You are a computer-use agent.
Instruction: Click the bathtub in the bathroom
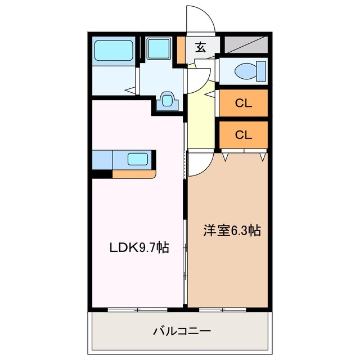114,51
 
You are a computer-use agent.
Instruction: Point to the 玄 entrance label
200,47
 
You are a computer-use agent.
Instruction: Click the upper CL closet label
243,103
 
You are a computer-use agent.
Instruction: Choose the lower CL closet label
243,134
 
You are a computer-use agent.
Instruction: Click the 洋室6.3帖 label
231,230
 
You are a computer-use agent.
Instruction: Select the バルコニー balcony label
182,331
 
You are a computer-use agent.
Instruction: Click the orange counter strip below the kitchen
133,174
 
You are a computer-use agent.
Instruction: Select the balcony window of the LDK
138,309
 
